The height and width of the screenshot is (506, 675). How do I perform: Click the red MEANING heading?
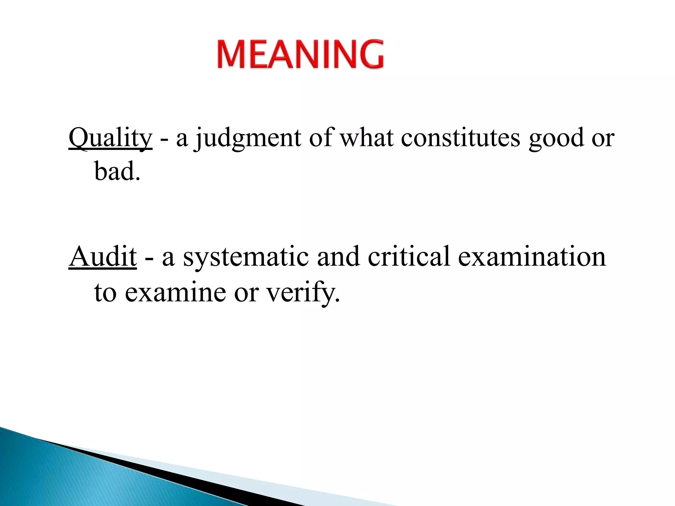pyautogui.click(x=300, y=54)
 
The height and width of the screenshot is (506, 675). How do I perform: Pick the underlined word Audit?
pyautogui.click(x=103, y=257)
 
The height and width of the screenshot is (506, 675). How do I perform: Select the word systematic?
pyautogui.click(x=246, y=257)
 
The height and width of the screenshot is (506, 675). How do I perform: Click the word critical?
pyautogui.click(x=409, y=257)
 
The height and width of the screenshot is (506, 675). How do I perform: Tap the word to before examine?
pyautogui.click(x=105, y=292)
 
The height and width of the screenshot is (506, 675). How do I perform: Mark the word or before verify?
pyautogui.click(x=246, y=293)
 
